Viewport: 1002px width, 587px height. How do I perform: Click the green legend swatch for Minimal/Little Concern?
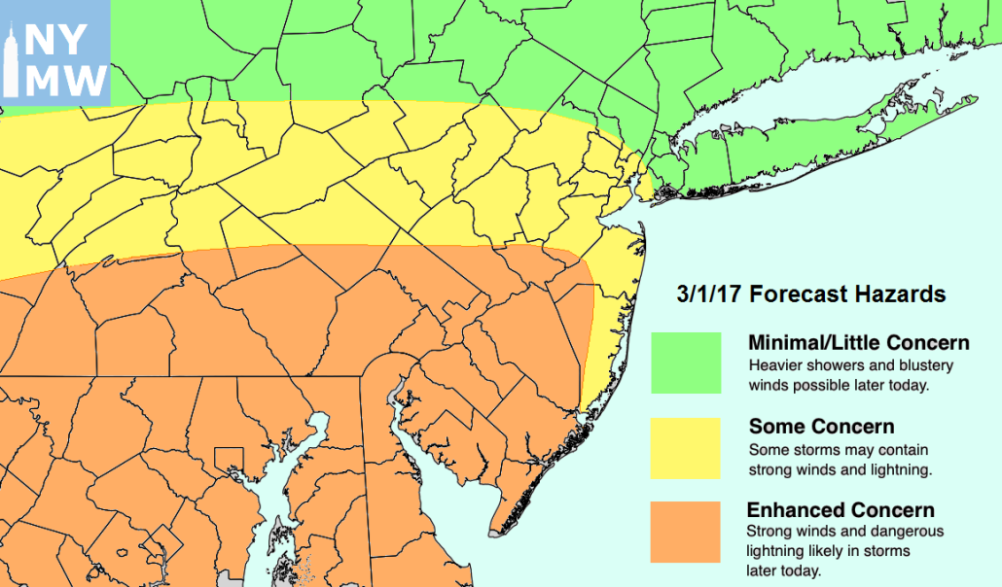(x=686, y=363)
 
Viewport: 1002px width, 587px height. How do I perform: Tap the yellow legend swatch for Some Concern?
(x=686, y=448)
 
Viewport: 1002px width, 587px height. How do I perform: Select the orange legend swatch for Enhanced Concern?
(x=686, y=532)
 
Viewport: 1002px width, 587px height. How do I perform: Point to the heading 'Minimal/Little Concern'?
(x=858, y=343)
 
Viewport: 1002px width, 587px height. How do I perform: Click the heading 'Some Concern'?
(x=821, y=427)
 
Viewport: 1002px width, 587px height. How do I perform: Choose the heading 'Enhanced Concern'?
(x=841, y=511)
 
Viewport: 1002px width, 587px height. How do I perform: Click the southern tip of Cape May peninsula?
(x=496, y=530)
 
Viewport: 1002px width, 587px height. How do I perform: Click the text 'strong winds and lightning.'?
(x=841, y=469)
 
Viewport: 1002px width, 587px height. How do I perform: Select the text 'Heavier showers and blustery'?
(x=850, y=365)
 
